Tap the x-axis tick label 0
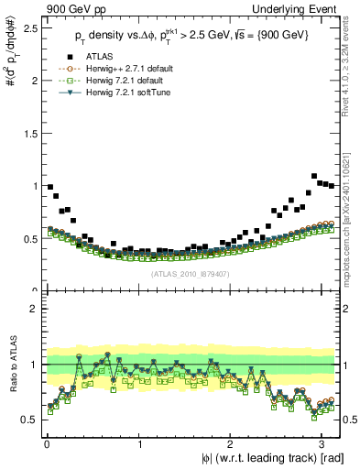[x=46, y=442]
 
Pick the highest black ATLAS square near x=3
[x=314, y=176]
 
